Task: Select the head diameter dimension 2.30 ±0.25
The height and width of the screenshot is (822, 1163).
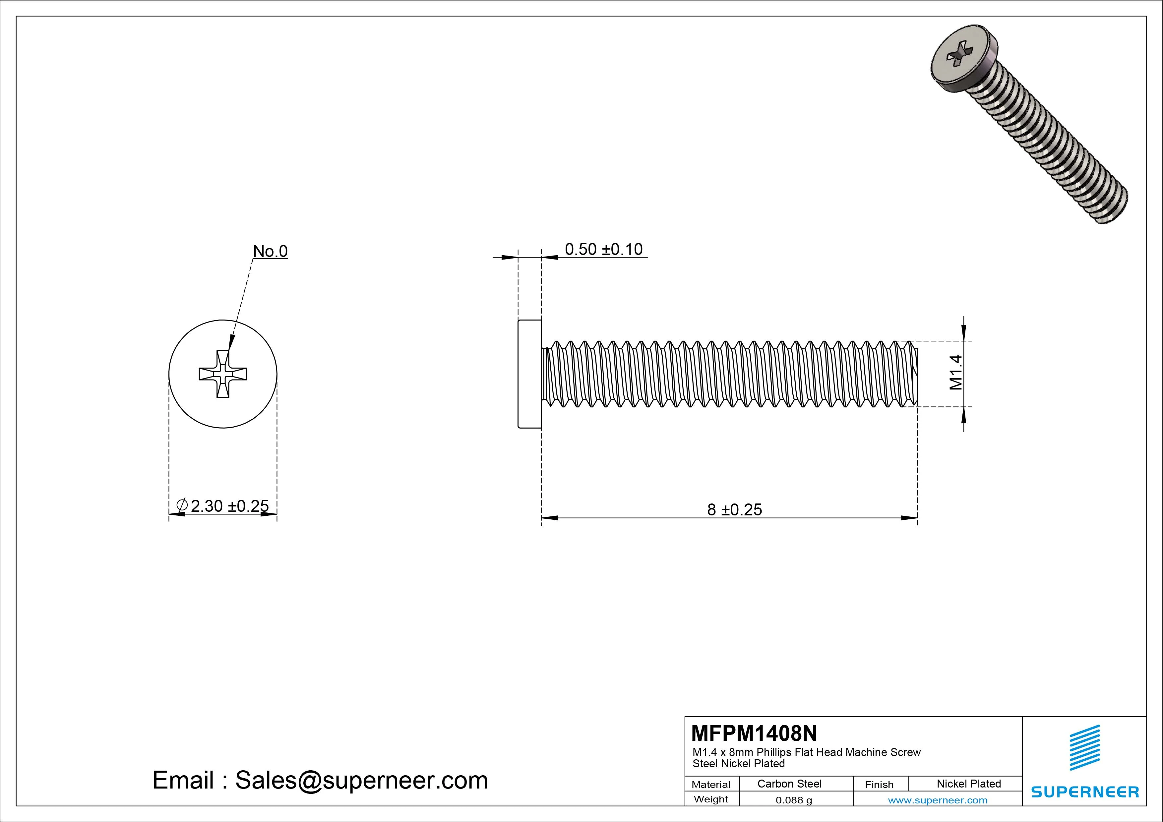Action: coord(229,506)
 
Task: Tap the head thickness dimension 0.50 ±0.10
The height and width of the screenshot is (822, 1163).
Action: coord(603,249)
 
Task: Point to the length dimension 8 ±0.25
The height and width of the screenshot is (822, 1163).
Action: coord(734,509)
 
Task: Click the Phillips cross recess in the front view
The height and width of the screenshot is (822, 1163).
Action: coord(223,374)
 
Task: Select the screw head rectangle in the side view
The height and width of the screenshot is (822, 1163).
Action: coord(530,374)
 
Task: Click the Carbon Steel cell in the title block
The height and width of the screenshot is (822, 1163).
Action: coord(789,784)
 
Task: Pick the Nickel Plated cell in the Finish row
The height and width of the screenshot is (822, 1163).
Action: coord(968,784)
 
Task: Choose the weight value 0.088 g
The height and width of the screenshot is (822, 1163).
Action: coord(794,800)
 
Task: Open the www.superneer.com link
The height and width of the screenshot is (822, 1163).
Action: coord(938,800)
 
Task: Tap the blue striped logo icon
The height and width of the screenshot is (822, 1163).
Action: coord(1084,747)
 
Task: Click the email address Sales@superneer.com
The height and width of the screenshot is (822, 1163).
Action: coord(361,781)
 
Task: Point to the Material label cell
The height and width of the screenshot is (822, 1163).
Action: coord(711,785)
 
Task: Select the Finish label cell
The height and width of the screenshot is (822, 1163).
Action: coord(879,785)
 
